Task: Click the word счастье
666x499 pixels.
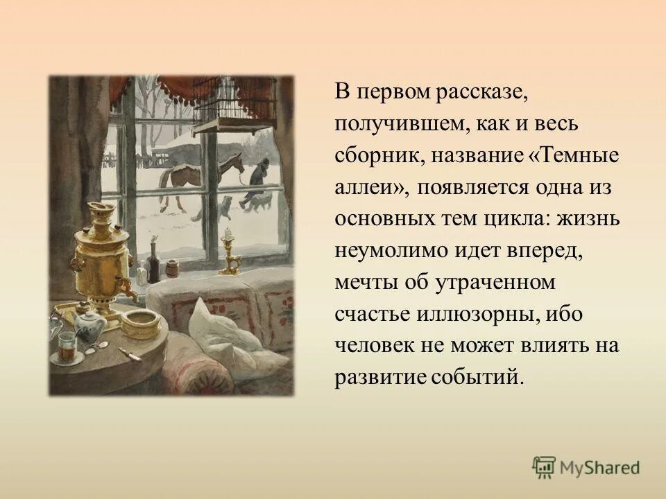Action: point(372,314)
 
